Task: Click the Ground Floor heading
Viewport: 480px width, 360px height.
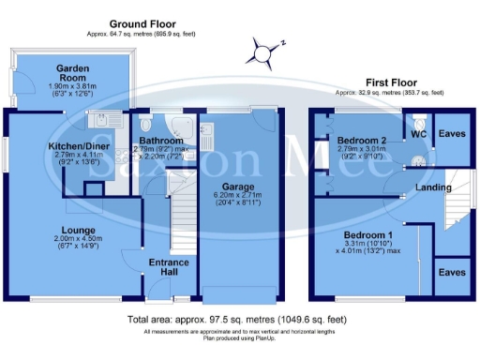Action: click(x=143, y=22)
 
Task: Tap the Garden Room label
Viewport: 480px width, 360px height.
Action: click(x=72, y=69)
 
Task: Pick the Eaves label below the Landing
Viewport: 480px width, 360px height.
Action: click(x=455, y=272)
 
